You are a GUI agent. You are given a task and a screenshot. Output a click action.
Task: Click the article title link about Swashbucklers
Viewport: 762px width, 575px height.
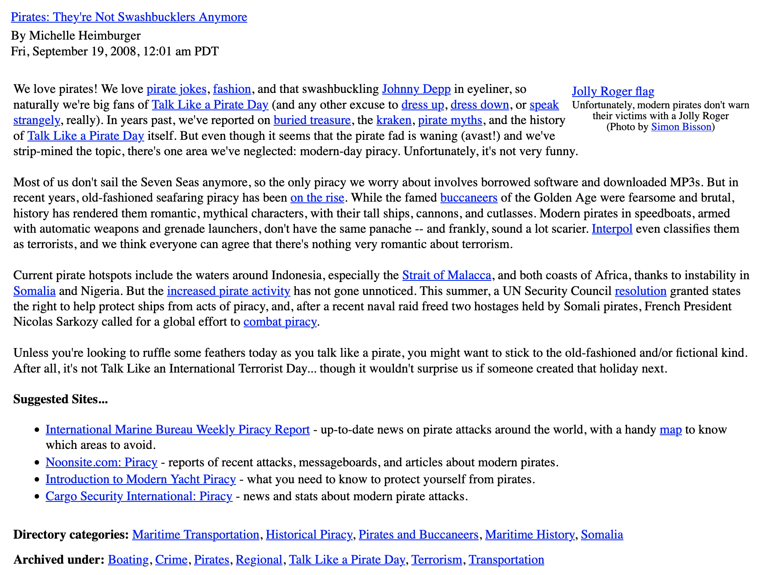point(129,17)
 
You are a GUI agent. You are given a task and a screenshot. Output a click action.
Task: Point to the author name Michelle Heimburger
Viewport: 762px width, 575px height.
point(85,36)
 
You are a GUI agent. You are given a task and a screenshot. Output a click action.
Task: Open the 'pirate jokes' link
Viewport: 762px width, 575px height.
point(177,89)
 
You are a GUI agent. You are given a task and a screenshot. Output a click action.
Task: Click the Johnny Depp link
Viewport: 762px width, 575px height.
point(416,89)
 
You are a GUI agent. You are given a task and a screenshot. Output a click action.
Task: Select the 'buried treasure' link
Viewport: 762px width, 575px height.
point(312,120)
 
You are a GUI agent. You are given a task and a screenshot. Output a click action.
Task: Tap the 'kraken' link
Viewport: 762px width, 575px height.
point(394,120)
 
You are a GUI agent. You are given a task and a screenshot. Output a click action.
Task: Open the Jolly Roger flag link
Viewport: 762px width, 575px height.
point(613,91)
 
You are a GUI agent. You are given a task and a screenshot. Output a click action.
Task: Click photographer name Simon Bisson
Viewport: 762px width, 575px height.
point(681,127)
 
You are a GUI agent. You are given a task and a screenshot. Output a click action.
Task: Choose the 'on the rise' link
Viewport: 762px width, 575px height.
point(317,198)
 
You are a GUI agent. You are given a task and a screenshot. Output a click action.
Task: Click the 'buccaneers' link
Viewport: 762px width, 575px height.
point(469,198)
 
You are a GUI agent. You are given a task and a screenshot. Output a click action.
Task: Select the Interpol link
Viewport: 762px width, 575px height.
point(612,229)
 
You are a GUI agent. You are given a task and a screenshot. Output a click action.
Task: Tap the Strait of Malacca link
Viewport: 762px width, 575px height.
point(446,275)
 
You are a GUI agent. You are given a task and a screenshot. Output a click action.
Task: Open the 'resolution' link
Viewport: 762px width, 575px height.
point(640,291)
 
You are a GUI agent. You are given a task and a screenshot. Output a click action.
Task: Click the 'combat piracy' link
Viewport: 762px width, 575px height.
point(280,322)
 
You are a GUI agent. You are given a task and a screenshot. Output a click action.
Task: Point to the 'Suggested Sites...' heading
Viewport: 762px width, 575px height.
point(61,399)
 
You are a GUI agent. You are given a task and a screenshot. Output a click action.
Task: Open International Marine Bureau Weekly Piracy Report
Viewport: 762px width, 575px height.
point(177,429)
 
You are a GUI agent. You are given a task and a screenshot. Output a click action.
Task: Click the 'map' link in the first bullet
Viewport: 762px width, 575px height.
point(670,429)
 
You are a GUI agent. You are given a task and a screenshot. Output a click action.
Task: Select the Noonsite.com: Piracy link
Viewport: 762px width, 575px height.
point(101,462)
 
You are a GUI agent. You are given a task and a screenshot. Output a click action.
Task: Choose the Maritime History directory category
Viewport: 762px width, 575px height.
point(529,535)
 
